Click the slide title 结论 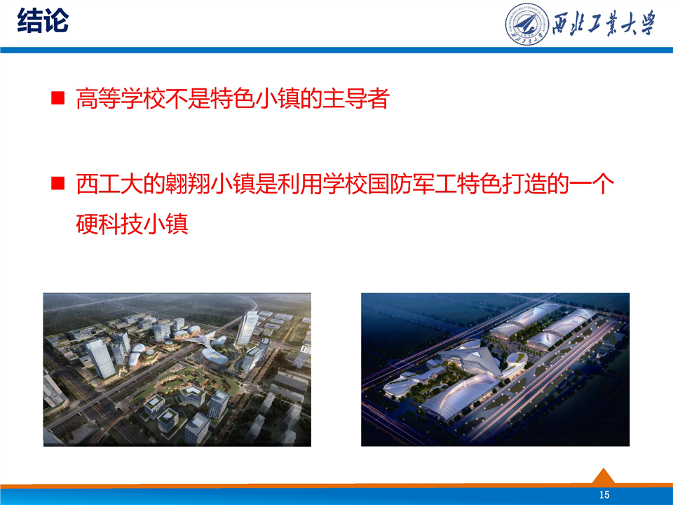43,20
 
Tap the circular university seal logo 526,25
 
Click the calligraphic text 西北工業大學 604,24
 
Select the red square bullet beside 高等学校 57,98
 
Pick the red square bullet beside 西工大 57,183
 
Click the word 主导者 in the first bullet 356,98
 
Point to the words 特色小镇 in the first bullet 255,98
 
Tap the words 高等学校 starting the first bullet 121,98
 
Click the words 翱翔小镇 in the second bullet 210,184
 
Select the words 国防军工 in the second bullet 412,184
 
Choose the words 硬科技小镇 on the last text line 132,224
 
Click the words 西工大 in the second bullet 109,184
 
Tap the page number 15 604,494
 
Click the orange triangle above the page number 604,477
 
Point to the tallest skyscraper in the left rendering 247,328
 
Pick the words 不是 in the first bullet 188,98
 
